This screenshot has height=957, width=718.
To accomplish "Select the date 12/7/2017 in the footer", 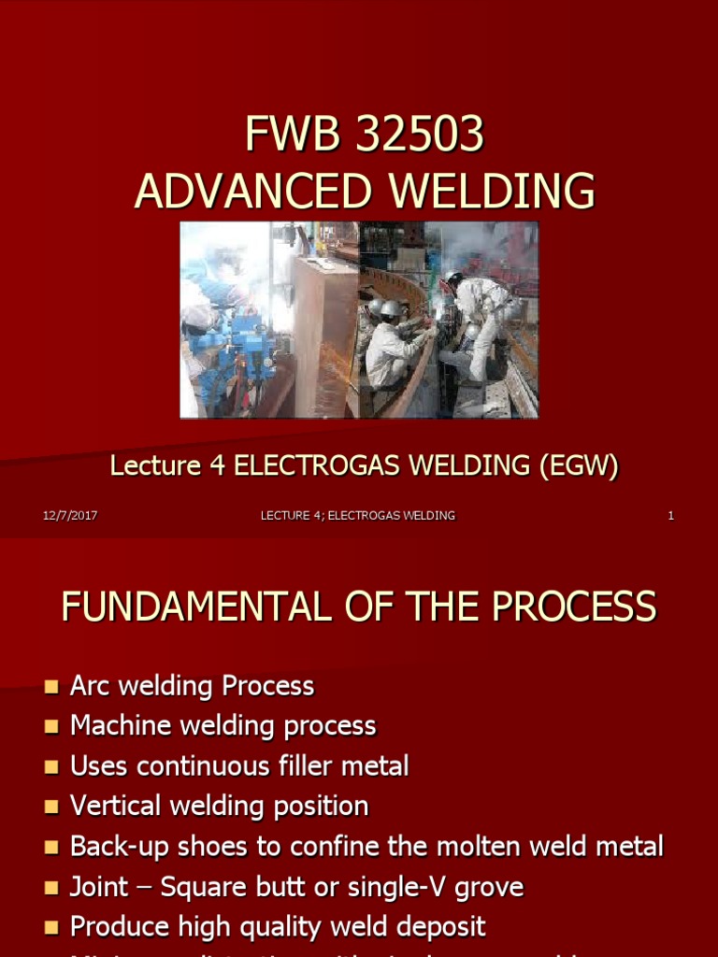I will click(x=70, y=516).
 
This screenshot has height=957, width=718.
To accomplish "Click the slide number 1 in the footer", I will click(x=670, y=516).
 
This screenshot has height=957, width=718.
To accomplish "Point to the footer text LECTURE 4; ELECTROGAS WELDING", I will click(x=358, y=516).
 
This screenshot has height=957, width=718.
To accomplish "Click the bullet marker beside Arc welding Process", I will click(x=50, y=688).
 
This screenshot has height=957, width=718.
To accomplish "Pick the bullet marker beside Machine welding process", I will click(x=50, y=727).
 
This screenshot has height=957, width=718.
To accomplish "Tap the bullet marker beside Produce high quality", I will click(x=50, y=927).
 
